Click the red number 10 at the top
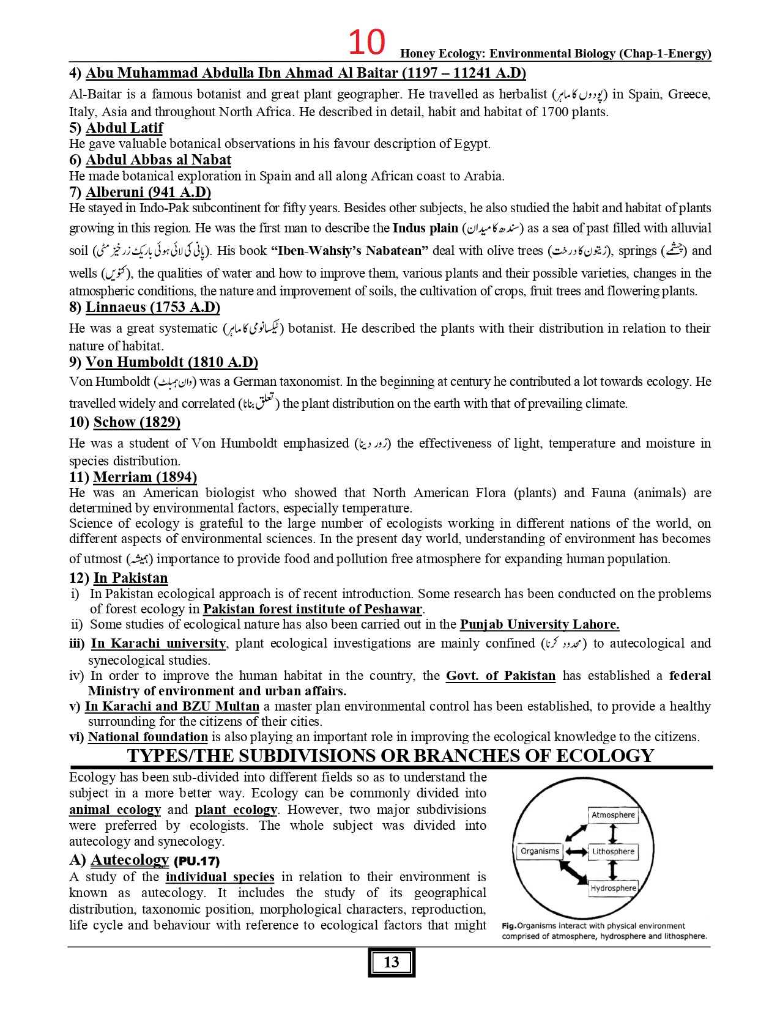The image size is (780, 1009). coord(366,42)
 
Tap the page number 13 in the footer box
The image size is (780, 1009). coord(392,963)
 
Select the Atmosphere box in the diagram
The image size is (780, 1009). coord(613,815)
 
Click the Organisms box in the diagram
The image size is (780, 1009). coord(540,851)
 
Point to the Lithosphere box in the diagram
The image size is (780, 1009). coord(613,851)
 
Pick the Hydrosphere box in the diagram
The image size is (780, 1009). coord(613,888)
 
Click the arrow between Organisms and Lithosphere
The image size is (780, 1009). coord(576,851)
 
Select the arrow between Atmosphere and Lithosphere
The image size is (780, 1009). coord(614,833)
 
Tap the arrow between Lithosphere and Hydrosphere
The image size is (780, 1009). coord(614,870)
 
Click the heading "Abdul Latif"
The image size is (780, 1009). coord(124,128)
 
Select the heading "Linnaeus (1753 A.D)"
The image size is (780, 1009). coord(152,307)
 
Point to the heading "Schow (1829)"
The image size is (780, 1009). coord(136,422)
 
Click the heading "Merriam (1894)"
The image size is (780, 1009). coord(144,477)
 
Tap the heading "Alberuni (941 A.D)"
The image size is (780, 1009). coord(148,192)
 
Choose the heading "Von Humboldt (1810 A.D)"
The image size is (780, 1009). coord(171,362)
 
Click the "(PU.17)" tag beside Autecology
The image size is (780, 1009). coord(196,862)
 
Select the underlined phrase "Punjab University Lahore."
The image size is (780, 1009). coord(539,624)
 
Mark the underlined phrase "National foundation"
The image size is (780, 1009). coord(147,737)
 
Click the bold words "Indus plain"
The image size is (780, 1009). coord(425,228)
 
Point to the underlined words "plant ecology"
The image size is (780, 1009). coord(236,810)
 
